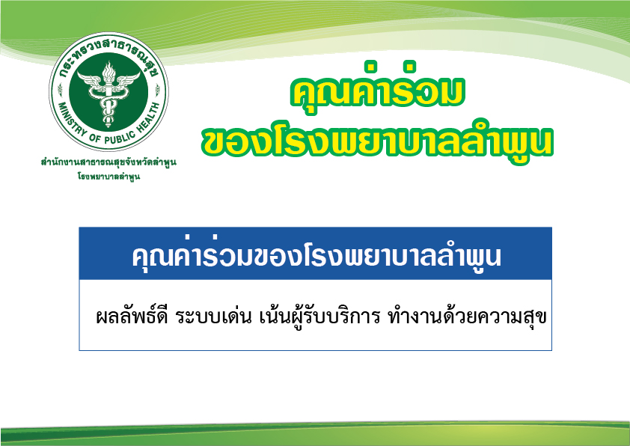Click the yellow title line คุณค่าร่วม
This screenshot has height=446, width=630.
pyautogui.click(x=377, y=89)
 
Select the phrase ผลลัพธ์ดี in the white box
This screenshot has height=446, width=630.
pyautogui.click(x=132, y=317)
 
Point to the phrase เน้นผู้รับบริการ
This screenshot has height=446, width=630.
pyautogui.click(x=319, y=317)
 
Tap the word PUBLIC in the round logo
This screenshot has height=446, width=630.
pyautogui.click(x=120, y=138)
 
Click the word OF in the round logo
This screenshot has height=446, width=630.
pyautogui.click(x=95, y=138)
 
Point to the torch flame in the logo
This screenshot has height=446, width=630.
pyautogui.click(x=108, y=71)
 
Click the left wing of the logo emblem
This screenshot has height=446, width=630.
pyautogui.click(x=91, y=79)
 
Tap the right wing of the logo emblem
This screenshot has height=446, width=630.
pyautogui.click(x=126, y=79)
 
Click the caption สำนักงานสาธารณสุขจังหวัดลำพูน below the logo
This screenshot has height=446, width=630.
pyautogui.click(x=108, y=162)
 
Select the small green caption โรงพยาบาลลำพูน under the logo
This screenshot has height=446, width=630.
pyautogui.click(x=108, y=177)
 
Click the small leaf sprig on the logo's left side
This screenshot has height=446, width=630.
pyautogui.click(x=60, y=89)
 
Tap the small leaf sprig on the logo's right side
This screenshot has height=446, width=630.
pyautogui.click(x=157, y=89)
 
